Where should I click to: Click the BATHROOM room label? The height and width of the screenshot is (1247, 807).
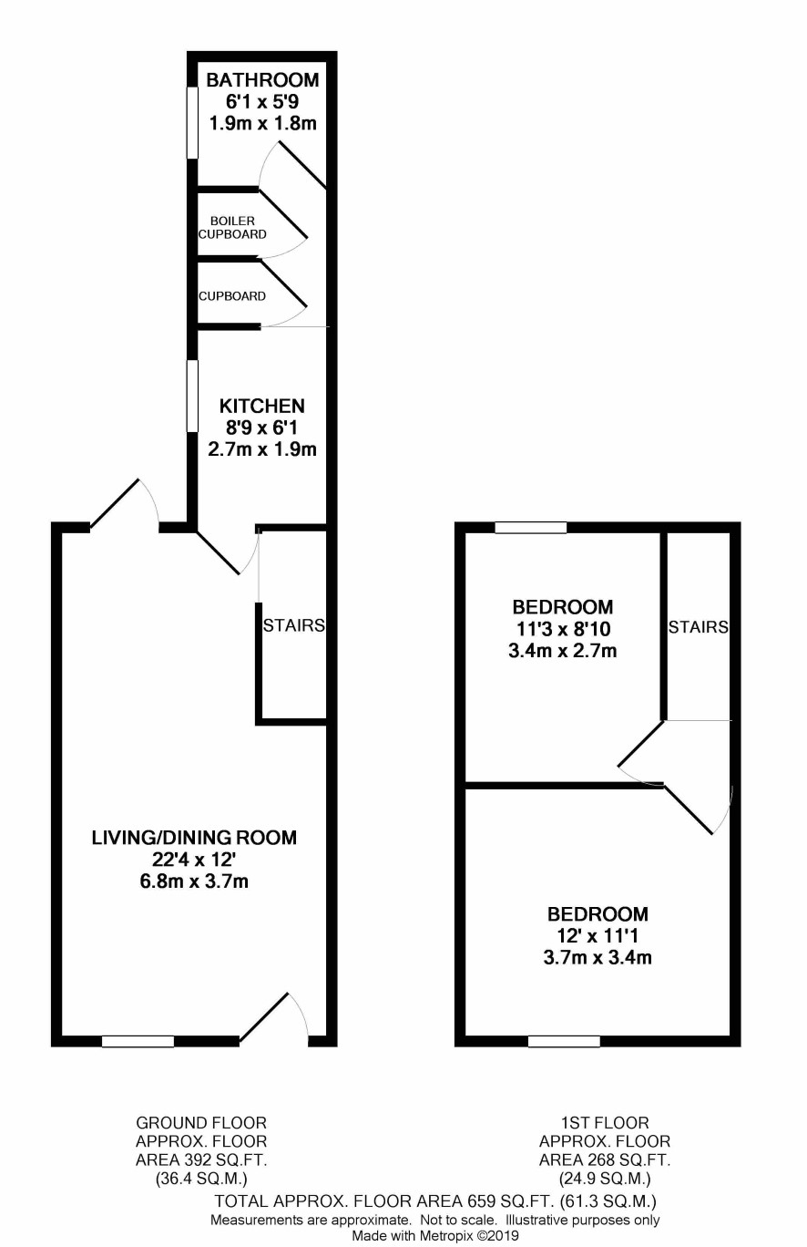click(262, 80)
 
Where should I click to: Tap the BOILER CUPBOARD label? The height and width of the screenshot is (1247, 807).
click(232, 228)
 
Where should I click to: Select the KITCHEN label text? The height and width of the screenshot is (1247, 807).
click(262, 406)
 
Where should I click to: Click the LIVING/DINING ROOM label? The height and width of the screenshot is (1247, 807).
click(194, 838)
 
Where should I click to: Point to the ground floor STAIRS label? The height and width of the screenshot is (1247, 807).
click(293, 625)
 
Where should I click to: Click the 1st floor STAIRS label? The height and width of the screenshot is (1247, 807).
click(698, 627)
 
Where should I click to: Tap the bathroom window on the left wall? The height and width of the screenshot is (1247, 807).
click(192, 122)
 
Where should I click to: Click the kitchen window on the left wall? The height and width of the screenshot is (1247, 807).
click(192, 396)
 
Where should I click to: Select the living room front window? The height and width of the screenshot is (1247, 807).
click(138, 1041)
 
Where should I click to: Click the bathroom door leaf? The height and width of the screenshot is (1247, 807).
click(301, 164)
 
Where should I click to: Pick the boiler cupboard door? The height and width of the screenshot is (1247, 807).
click(282, 215)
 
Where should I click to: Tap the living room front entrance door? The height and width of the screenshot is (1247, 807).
click(264, 1016)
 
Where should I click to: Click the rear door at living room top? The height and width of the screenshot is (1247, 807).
click(114, 502)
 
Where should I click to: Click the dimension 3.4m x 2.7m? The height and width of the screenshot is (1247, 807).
click(562, 651)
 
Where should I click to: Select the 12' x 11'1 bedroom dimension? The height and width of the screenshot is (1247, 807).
click(598, 936)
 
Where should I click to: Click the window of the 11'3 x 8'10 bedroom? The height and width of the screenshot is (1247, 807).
click(531, 527)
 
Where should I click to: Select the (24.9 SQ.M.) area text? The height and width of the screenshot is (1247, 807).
click(605, 1179)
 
